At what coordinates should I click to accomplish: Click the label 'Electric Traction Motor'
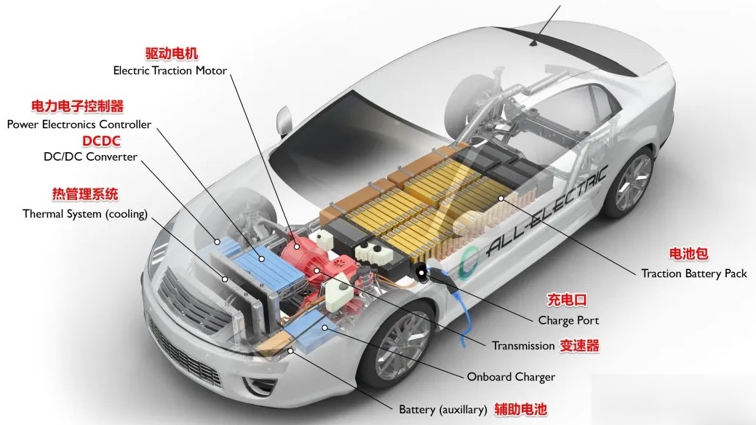[x=170, y=71]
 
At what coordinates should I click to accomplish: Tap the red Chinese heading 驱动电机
[x=171, y=54]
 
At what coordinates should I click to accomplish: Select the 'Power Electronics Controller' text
[x=79, y=124]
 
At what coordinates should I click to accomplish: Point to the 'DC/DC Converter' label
[x=90, y=156]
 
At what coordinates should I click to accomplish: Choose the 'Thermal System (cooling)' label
[x=85, y=214]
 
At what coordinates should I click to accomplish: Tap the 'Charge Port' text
[x=568, y=320]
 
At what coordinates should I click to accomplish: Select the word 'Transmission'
[x=523, y=346]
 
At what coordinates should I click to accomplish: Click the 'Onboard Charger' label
[x=511, y=377]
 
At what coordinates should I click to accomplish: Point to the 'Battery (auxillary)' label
[x=442, y=409]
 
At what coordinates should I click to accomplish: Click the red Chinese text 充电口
[x=566, y=300]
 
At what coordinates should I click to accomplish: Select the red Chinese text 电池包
[x=688, y=254]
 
